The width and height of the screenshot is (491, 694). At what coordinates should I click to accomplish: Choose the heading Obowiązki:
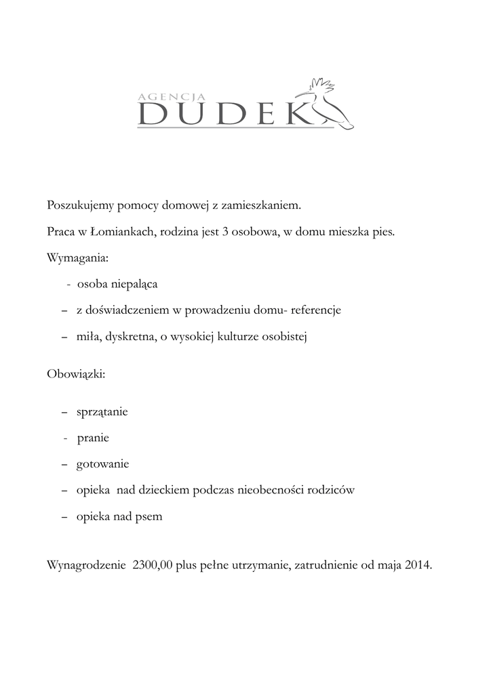pyautogui.click(x=76, y=374)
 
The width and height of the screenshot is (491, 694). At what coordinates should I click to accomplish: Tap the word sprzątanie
pyautogui.click(x=102, y=412)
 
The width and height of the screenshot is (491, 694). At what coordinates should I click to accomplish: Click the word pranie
pyautogui.click(x=93, y=438)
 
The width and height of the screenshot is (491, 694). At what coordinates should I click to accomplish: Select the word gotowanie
pyautogui.click(x=102, y=464)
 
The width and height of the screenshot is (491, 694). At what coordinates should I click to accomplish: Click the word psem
pyautogui.click(x=149, y=516)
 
